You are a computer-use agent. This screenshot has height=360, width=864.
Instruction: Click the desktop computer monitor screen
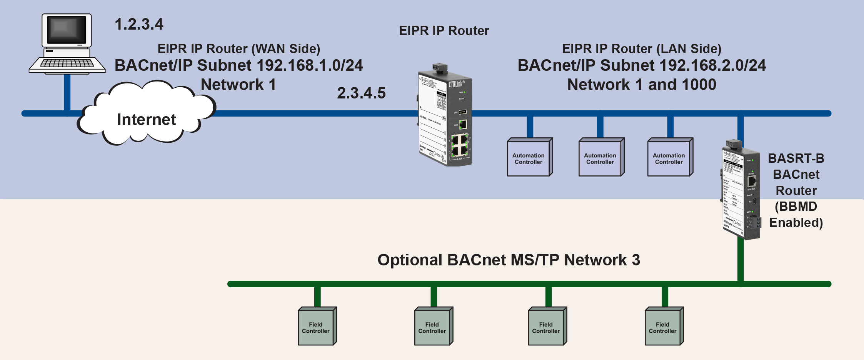[67, 30]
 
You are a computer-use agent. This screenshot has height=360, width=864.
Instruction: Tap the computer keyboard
[67, 64]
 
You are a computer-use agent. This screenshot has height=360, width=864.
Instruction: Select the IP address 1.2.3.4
[139, 24]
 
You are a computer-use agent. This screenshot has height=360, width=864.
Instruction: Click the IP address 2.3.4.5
[361, 93]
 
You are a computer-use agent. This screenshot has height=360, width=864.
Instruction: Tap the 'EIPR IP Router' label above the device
[444, 31]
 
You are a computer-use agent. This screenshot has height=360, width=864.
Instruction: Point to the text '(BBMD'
[796, 207]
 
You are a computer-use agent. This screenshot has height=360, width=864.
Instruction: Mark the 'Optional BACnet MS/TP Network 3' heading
[509, 260]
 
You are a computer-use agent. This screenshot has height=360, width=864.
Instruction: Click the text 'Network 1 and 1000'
[642, 85]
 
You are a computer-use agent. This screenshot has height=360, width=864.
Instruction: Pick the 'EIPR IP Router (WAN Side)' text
[239, 49]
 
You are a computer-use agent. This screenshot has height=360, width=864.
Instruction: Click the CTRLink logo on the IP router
[456, 84]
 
